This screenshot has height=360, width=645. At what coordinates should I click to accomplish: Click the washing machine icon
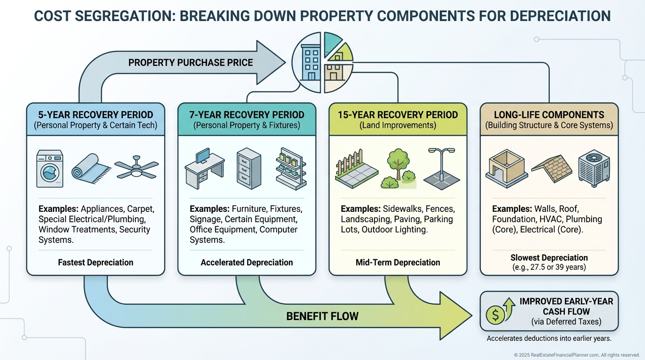pos(50,169)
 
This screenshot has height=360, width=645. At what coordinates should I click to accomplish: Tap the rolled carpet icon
pos(91,169)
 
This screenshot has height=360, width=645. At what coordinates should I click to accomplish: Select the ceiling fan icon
pos(136,168)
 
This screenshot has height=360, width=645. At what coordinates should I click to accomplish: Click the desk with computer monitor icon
pos(204,169)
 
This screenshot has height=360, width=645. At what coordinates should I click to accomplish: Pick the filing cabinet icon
pos(248,168)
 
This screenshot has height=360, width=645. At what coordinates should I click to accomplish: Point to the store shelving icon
pos(291,169)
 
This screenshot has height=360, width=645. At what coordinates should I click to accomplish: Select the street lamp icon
pos(442,169)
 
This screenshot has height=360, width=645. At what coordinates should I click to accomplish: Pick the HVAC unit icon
pos(594,169)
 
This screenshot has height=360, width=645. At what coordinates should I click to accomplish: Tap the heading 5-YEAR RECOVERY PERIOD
pos(96,115)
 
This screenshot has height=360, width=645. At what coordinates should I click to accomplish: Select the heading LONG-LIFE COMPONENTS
pos(549,115)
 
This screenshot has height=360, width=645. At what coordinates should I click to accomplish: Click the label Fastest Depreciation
pos(96,262)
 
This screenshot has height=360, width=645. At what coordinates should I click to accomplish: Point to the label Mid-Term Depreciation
pos(398,262)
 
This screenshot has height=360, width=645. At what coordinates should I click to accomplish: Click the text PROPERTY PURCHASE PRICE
pos(190,62)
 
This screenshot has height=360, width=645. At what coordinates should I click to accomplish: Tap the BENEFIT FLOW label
pos(322,316)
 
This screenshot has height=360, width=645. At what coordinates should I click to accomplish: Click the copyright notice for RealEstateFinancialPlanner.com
pos(577,355)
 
